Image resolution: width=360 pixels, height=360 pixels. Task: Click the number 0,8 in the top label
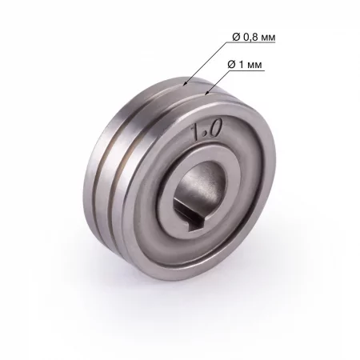(248, 37)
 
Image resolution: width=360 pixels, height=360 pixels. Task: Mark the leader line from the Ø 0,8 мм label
(204, 59)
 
